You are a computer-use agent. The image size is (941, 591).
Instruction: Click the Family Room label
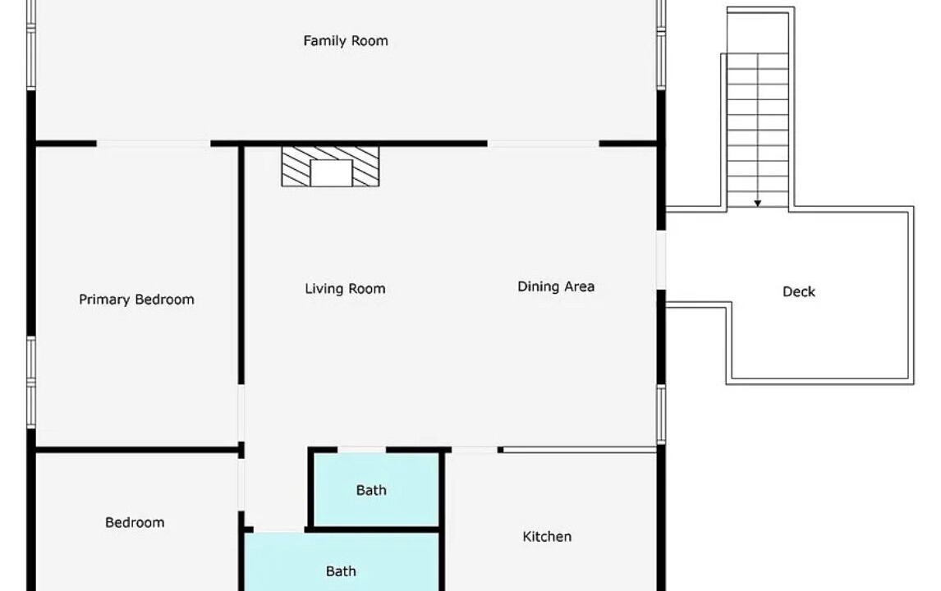[346, 41]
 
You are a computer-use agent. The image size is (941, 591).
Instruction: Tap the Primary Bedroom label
[137, 300]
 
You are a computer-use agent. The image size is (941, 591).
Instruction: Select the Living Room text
[345, 289]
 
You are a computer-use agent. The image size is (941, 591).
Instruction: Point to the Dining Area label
[557, 286]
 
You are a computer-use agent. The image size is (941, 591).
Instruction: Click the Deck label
[799, 291]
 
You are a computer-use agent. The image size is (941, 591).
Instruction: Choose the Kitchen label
[547, 536]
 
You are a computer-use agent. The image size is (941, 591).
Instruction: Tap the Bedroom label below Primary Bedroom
[135, 523]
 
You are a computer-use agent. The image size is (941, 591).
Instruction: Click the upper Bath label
[371, 490]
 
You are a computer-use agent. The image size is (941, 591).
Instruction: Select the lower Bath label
[341, 571]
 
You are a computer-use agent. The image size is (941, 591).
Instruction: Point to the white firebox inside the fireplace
[331, 173]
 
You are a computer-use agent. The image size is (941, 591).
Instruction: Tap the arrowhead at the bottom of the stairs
[758, 204]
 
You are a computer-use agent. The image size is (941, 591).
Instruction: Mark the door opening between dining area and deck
[661, 260]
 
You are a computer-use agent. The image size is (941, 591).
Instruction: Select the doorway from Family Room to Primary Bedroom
[154, 144]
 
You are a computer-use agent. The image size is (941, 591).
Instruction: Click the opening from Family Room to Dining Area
[543, 144]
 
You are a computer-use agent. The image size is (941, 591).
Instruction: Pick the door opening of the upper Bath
[362, 450]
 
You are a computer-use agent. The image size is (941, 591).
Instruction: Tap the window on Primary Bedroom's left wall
[31, 383]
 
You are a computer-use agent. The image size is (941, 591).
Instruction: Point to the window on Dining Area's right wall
[661, 415]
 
